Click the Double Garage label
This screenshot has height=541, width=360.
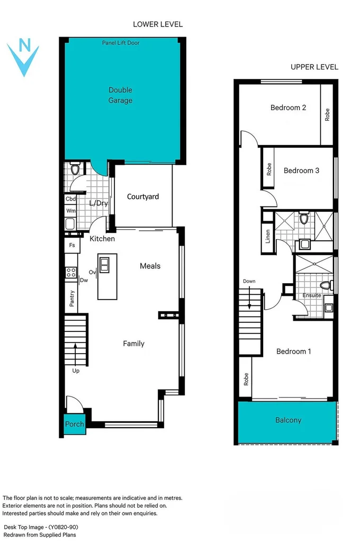pos(120,95)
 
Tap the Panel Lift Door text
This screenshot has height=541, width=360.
pos(121,43)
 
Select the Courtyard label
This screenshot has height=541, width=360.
pos(143,197)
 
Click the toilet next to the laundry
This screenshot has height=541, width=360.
pos(75,169)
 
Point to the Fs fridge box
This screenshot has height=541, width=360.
pos(71,246)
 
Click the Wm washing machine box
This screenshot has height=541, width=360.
pos(70,211)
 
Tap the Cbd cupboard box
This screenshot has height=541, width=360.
pos(70,199)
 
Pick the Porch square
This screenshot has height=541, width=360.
pos(74,424)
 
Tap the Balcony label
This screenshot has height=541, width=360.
pos(288,420)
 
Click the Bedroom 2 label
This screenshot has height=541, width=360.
pos(288,108)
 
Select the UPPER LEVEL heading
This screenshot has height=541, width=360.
pos(314,67)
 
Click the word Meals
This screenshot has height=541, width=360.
pos(150,266)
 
